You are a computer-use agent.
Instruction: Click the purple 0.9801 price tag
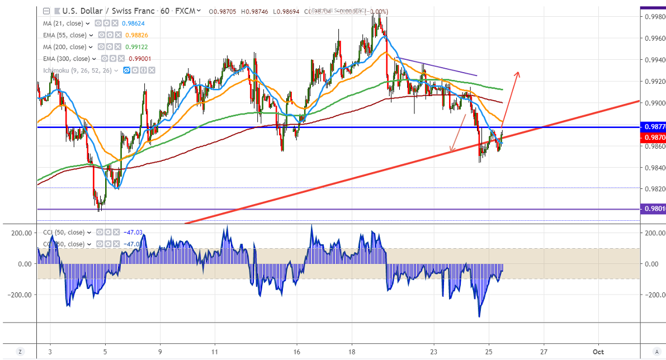[x=653, y=210]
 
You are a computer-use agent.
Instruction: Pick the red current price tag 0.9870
[x=653, y=137]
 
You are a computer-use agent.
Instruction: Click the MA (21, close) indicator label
[x=63, y=23]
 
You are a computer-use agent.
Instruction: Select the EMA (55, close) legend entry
[x=64, y=35]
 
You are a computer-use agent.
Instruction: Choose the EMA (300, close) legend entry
[x=66, y=59]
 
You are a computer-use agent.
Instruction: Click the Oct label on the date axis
[x=598, y=351]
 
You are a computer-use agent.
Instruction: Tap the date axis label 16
[x=296, y=351]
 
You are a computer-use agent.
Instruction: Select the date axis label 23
[x=434, y=351]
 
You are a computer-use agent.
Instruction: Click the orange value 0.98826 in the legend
[x=136, y=35]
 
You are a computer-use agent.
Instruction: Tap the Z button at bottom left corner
[x=20, y=351]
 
